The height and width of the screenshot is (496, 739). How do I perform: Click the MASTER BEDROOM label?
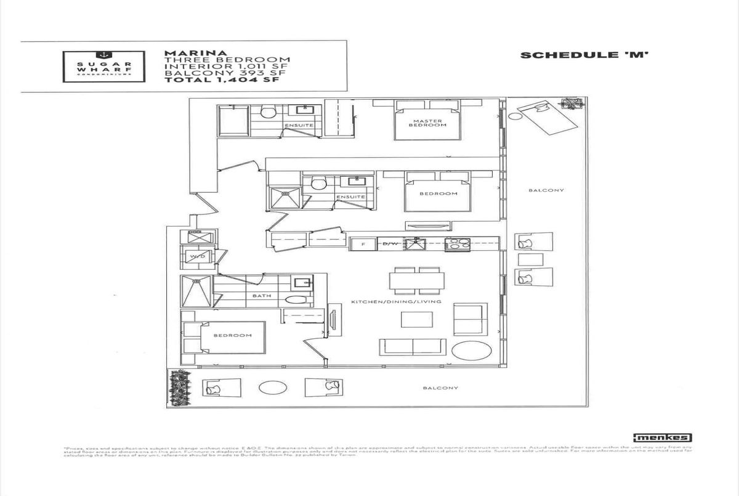coord(427,123)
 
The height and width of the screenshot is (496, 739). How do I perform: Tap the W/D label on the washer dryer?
coord(197,256)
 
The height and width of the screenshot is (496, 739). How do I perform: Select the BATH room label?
coord(262,296)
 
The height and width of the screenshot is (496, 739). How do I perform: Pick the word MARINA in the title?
coord(187,52)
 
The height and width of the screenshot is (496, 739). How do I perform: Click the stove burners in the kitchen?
coord(456,244)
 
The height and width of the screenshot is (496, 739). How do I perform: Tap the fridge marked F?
coord(363,245)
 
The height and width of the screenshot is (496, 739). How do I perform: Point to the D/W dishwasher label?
coord(389,245)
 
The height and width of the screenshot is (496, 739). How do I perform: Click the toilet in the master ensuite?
coord(267,112)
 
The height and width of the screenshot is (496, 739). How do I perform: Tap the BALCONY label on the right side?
coord(546,190)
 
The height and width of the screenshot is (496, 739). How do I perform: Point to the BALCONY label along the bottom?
coord(440,388)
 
